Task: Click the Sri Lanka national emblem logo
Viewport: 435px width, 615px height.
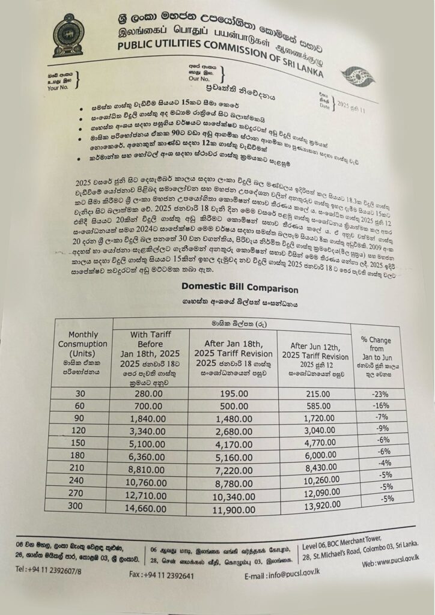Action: coord(68,35)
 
